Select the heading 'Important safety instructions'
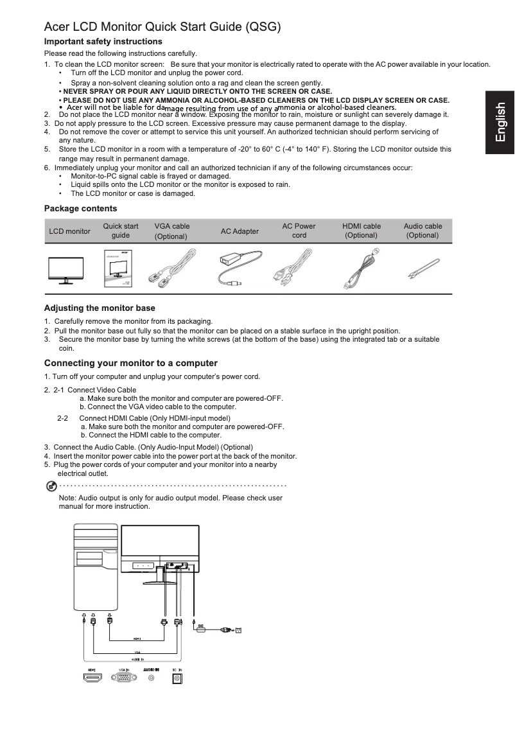point(103,42)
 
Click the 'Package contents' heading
point(80,208)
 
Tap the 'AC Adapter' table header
point(240,231)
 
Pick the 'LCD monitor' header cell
point(69,231)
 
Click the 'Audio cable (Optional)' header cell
point(423,231)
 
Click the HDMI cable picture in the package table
point(362,269)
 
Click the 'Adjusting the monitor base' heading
point(100,308)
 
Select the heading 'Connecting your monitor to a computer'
point(131,364)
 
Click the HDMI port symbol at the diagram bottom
point(93,678)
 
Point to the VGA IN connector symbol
point(123,678)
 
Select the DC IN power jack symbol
point(176,678)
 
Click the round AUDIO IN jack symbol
point(152,678)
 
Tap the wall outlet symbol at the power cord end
point(240,630)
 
